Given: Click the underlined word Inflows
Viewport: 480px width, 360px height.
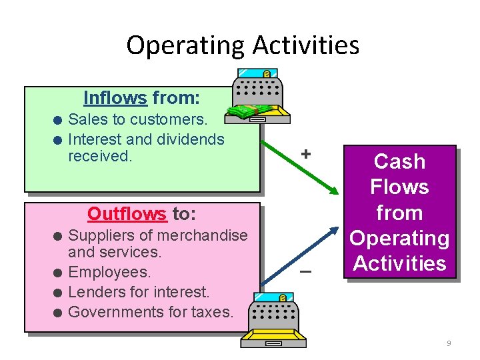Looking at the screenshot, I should [x=115, y=99].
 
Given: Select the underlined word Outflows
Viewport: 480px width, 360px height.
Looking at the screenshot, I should [x=127, y=214].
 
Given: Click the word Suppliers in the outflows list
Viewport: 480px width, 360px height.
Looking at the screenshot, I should [x=101, y=235].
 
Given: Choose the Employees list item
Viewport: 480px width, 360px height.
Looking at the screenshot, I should [x=109, y=272].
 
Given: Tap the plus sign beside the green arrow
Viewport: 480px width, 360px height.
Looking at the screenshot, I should [x=305, y=153].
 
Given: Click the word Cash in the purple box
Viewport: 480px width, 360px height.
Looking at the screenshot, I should [x=400, y=161].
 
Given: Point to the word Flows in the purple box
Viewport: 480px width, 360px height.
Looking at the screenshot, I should [x=400, y=187].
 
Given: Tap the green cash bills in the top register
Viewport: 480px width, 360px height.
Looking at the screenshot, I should [x=250, y=111].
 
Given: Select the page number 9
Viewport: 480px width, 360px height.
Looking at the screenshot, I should [x=449, y=343].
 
